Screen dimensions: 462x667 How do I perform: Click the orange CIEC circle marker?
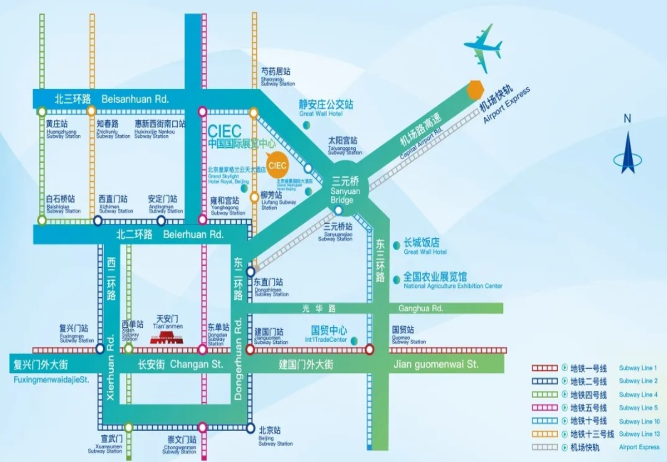tap(278, 165)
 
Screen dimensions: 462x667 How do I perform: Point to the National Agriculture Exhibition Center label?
tap(453, 280)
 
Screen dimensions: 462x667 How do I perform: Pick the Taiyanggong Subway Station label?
tap(345, 145)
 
